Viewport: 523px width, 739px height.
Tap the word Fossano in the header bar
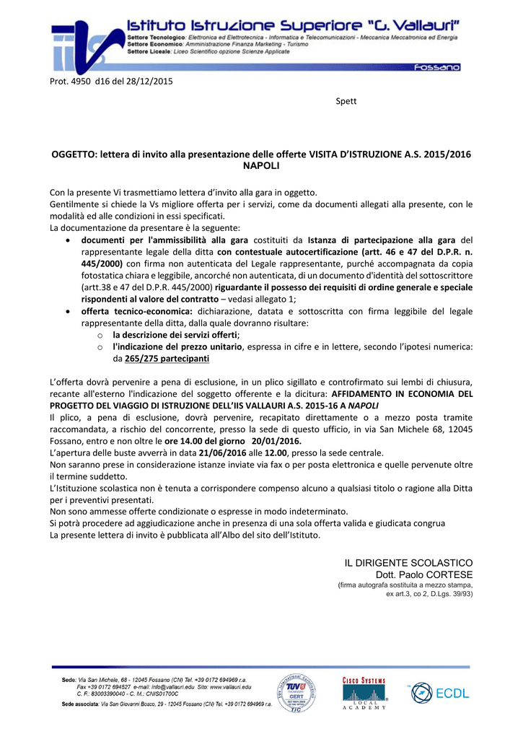[436, 67]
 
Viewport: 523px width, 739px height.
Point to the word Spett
[346, 101]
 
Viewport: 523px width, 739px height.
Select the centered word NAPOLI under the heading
[261, 166]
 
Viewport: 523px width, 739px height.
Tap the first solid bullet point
[67, 240]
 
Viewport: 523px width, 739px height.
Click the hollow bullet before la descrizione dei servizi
[101, 336]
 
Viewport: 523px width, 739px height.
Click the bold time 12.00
[276, 452]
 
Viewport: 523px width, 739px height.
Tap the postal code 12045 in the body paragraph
[459, 429]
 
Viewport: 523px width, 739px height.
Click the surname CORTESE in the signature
[449, 574]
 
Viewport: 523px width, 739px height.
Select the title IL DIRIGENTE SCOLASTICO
[408, 562]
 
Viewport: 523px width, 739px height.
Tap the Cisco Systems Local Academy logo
[364, 694]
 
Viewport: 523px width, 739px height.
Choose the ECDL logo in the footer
[439, 693]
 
